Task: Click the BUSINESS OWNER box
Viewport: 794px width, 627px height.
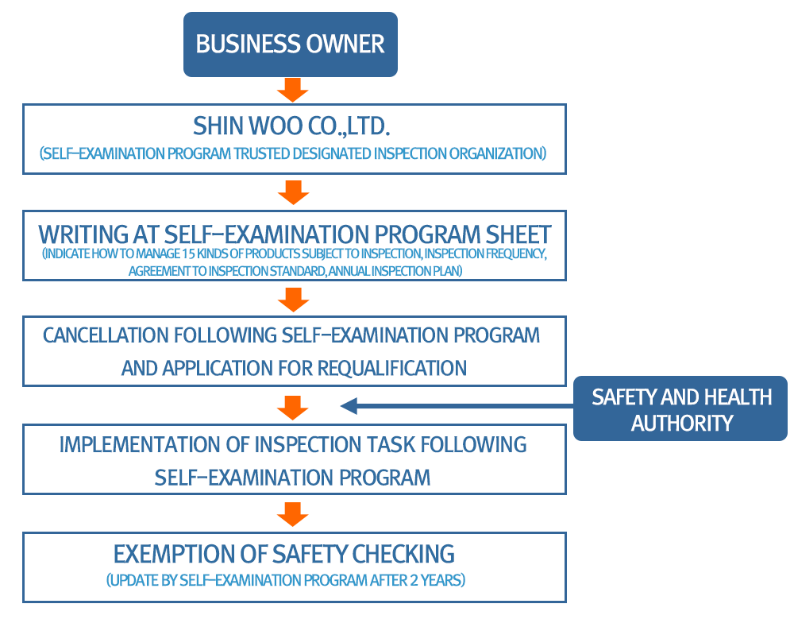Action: pos(290,45)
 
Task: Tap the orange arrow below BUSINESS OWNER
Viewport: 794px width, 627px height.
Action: pos(293,90)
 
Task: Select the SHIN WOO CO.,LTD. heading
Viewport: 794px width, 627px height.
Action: pos(291,126)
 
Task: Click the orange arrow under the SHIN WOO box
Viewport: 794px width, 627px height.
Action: pos(293,192)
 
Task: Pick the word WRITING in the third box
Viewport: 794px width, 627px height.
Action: pos(83,234)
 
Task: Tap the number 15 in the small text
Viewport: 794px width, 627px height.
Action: pos(188,254)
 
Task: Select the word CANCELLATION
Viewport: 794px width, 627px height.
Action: pos(106,335)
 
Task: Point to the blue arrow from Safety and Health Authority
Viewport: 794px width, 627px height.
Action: pos(457,405)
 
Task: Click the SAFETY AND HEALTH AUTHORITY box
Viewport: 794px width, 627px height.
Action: pos(680,408)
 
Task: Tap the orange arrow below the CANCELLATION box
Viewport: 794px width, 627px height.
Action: pos(293,408)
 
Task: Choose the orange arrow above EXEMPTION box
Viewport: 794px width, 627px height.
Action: pos(293,514)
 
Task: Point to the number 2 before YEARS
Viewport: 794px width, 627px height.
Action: pos(414,580)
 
